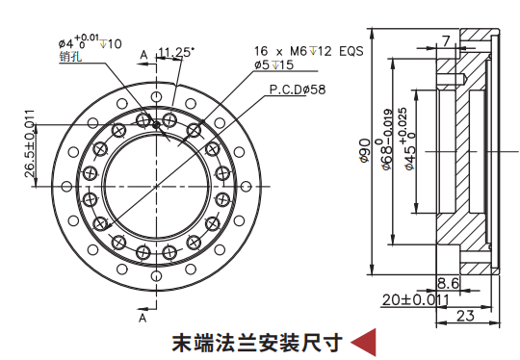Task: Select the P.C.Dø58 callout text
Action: [298, 90]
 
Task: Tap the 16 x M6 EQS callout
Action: [309, 51]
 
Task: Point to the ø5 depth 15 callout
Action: [273, 64]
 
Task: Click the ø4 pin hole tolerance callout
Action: [90, 42]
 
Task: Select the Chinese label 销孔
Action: [70, 56]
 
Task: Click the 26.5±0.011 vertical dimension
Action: [30, 143]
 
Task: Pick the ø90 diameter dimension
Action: [364, 151]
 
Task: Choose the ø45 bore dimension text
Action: [407, 139]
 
